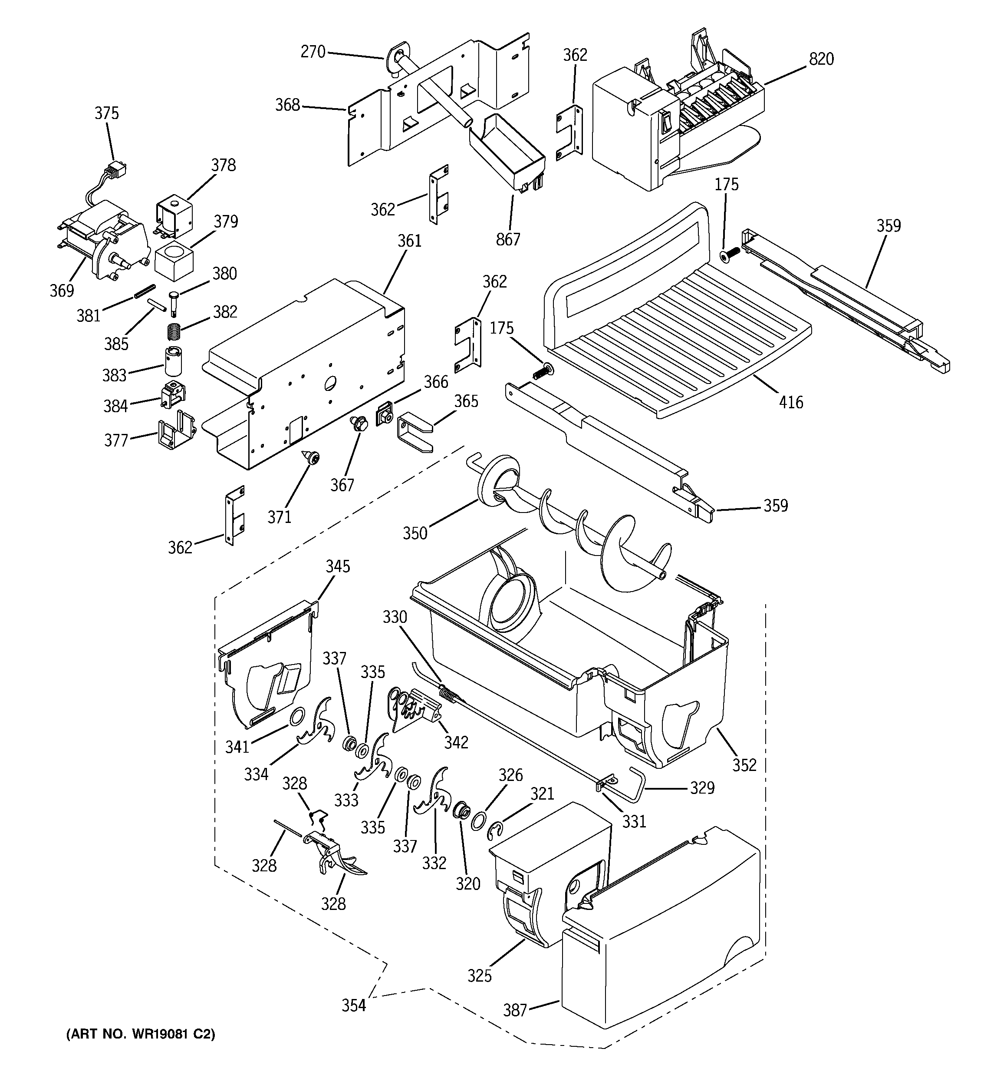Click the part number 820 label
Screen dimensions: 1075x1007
click(821, 59)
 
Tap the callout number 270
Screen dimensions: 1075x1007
click(313, 52)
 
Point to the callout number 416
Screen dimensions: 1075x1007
click(790, 402)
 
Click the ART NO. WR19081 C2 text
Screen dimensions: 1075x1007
click(141, 1035)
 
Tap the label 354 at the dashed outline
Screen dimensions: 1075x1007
click(353, 1005)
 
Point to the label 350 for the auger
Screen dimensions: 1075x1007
click(415, 533)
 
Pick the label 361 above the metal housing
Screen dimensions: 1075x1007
click(409, 241)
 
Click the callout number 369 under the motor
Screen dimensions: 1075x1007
click(62, 291)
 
